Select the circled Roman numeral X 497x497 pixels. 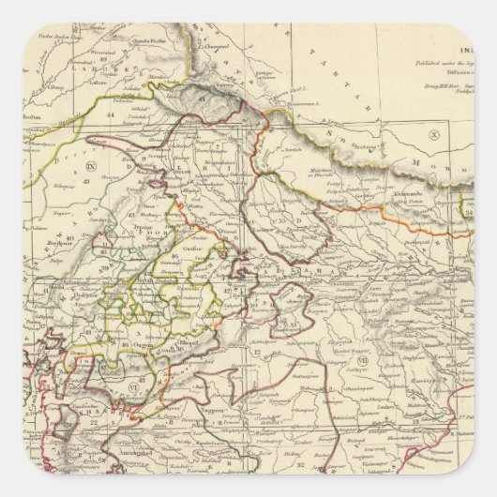point(432,135)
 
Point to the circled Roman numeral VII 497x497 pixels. point(363,359)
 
